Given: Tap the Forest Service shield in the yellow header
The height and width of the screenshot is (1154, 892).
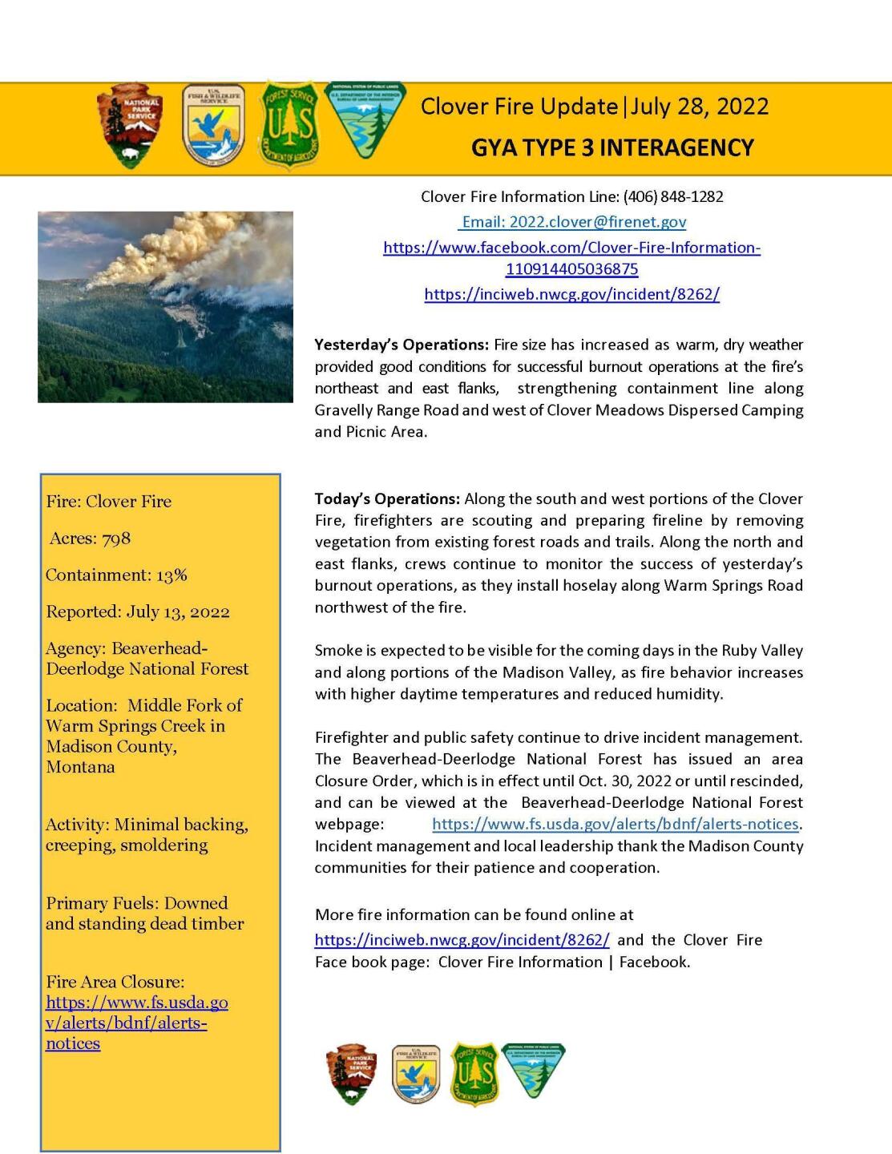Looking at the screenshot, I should click(x=293, y=125).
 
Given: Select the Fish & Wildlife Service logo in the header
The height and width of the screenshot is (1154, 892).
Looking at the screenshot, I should click(x=213, y=125).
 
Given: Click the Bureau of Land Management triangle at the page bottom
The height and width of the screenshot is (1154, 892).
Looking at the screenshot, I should click(x=533, y=1070).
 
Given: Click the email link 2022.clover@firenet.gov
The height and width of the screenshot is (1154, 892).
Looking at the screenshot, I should click(x=573, y=222).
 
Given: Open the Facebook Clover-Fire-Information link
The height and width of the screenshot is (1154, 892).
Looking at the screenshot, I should click(x=571, y=258).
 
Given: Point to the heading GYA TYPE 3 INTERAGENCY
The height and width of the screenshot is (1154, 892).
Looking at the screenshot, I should click(x=612, y=148).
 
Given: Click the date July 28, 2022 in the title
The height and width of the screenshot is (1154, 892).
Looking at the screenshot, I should click(x=699, y=107).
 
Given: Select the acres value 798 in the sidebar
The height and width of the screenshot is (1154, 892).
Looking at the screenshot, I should click(x=116, y=539).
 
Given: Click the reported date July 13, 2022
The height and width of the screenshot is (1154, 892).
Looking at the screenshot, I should click(x=177, y=612).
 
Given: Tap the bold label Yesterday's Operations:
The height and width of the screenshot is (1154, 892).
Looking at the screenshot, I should click(x=401, y=345).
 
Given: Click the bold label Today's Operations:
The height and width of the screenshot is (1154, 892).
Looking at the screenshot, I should click(x=387, y=498).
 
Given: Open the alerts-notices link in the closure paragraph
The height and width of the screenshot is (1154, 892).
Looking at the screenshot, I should click(x=615, y=824).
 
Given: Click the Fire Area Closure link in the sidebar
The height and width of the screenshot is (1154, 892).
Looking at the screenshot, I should click(x=136, y=1023).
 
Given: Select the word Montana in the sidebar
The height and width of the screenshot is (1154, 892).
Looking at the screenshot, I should click(x=80, y=767).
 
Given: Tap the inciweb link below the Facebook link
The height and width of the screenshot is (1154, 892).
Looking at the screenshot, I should click(x=571, y=294).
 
